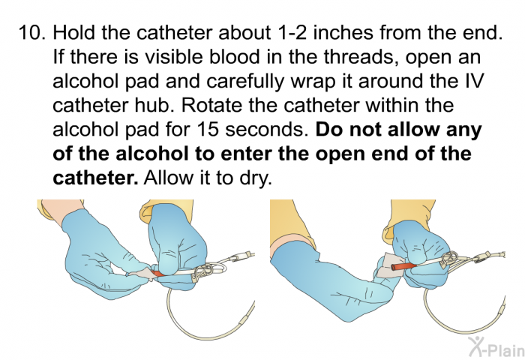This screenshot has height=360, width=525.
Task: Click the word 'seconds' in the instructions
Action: tap(277, 130)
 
